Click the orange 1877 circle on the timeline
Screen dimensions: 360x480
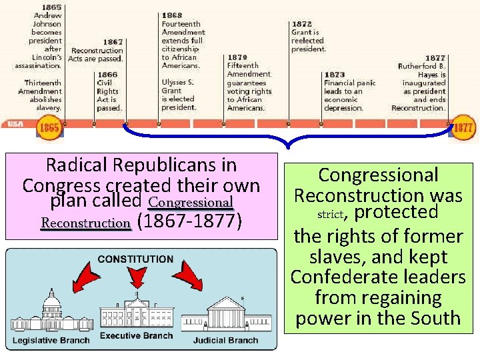[464, 127]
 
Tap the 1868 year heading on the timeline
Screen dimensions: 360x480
[171, 15]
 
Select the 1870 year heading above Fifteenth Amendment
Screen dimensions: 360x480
[237, 57]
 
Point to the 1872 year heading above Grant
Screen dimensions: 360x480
[301, 23]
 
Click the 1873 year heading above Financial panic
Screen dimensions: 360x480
[334, 75]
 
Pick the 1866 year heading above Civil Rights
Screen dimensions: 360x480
[107, 75]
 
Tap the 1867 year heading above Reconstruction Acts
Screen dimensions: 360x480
[113, 41]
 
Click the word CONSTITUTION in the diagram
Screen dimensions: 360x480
[135, 259]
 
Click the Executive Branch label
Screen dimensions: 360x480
[136, 335]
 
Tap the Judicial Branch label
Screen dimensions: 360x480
[225, 341]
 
